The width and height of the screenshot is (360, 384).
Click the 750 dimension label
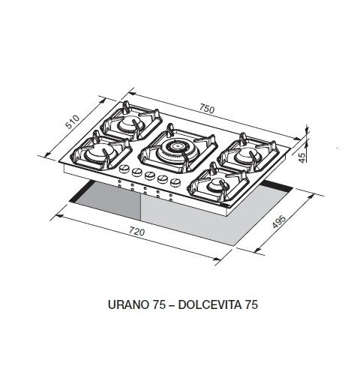[x=207, y=109]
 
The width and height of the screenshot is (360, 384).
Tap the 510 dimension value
[x=73, y=122]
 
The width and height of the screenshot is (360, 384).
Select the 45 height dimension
[x=302, y=157]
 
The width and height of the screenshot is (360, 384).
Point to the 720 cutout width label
[x=137, y=232]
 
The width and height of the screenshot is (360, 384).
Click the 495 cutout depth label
[x=279, y=221]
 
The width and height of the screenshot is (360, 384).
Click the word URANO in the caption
[x=128, y=304]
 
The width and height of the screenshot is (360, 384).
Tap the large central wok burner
[x=177, y=148]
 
